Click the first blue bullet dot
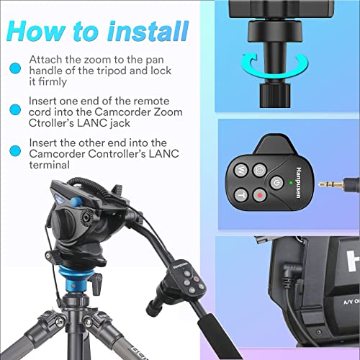coord(15,68)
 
